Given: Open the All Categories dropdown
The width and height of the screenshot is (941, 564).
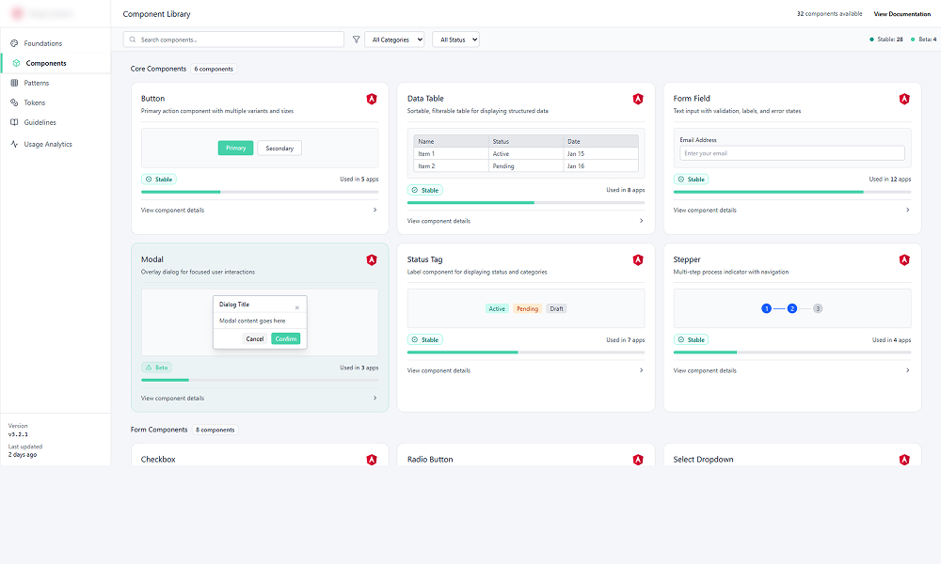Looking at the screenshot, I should (394, 39).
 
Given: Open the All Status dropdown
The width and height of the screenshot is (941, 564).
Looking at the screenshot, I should (455, 39).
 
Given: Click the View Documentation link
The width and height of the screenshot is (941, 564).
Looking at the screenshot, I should (901, 14).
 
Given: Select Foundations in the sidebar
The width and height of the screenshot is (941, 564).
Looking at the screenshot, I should (42, 43).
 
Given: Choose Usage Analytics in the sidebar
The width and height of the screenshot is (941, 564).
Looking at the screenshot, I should (47, 144).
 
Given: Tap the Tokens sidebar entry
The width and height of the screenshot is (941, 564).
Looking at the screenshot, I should (34, 102).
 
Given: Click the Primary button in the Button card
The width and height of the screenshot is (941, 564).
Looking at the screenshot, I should (235, 148).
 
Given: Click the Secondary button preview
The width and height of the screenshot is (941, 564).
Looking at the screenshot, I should (279, 148).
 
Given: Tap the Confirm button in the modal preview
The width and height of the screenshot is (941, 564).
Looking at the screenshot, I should (285, 338).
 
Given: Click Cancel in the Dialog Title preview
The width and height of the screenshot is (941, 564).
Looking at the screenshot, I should (254, 338).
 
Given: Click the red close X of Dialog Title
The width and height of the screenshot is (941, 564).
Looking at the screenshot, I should (297, 307).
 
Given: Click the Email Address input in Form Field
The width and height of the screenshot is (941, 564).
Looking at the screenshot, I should (791, 153).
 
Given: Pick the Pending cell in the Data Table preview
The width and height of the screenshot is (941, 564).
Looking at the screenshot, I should (503, 166).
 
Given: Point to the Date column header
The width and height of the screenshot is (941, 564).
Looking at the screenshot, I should (574, 141).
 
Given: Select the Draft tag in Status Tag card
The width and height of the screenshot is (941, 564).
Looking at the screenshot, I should (557, 308).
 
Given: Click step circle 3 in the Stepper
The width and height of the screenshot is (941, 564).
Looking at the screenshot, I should (818, 308).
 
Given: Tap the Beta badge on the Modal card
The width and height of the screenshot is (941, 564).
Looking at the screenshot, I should (157, 368).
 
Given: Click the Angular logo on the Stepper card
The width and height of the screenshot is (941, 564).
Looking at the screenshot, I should (904, 259).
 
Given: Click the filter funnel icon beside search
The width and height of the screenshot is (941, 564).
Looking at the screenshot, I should (356, 39).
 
